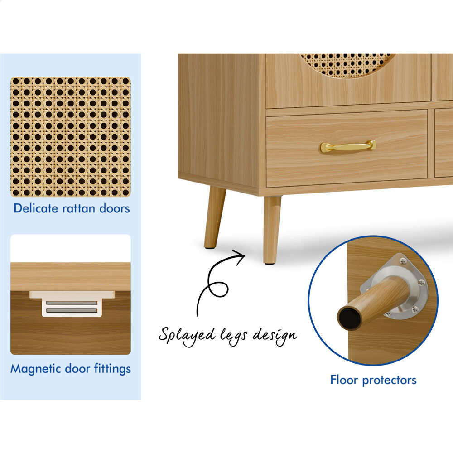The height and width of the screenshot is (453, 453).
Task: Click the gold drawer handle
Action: (x=348, y=146)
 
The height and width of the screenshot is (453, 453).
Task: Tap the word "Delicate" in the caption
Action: (x=36, y=208)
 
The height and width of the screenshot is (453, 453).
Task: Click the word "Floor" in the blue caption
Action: (x=344, y=380)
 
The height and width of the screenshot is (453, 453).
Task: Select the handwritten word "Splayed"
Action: (x=187, y=336)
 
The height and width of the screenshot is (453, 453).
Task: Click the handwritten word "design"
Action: (x=275, y=335)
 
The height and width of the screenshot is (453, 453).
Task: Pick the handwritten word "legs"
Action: (x=234, y=336)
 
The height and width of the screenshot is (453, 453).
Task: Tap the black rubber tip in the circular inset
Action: (x=350, y=318)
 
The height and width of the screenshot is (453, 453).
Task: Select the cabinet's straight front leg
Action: (x=272, y=230)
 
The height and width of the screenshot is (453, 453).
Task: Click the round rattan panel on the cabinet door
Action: (x=347, y=65)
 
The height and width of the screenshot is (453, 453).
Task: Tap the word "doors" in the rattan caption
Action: (x=115, y=208)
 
